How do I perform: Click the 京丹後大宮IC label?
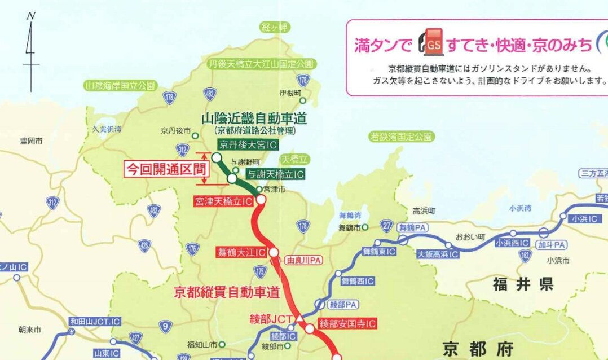point(248,145)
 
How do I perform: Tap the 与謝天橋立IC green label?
point(276,174)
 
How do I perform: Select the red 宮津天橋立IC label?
point(223,201)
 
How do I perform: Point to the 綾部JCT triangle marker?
point(300,320)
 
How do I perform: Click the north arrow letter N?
point(31,15)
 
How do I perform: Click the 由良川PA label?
point(304,261)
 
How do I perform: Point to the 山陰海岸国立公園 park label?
point(120,86)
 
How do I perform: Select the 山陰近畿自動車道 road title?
point(254,118)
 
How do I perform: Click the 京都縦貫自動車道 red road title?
point(227,292)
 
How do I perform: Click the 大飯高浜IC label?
point(438,254)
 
